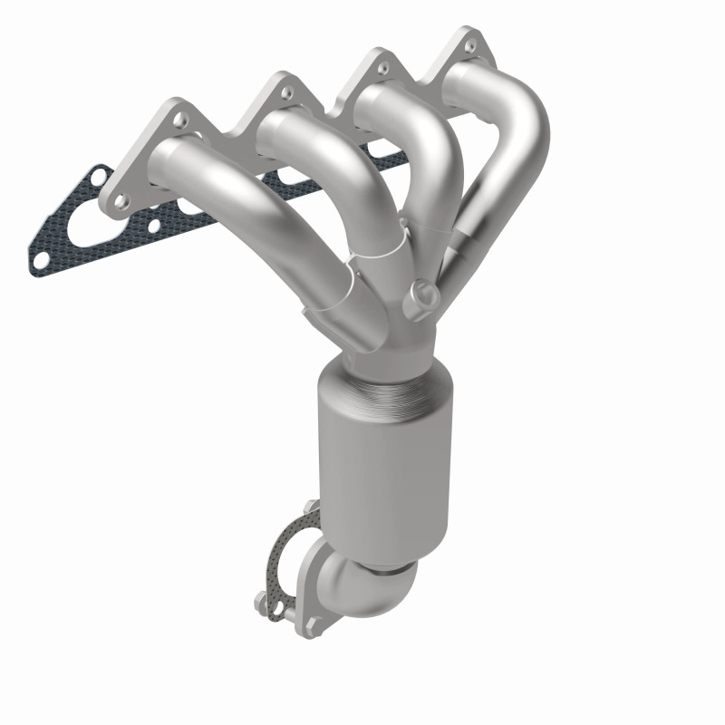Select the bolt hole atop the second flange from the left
click(285, 92)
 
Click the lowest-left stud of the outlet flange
click(262, 599)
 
